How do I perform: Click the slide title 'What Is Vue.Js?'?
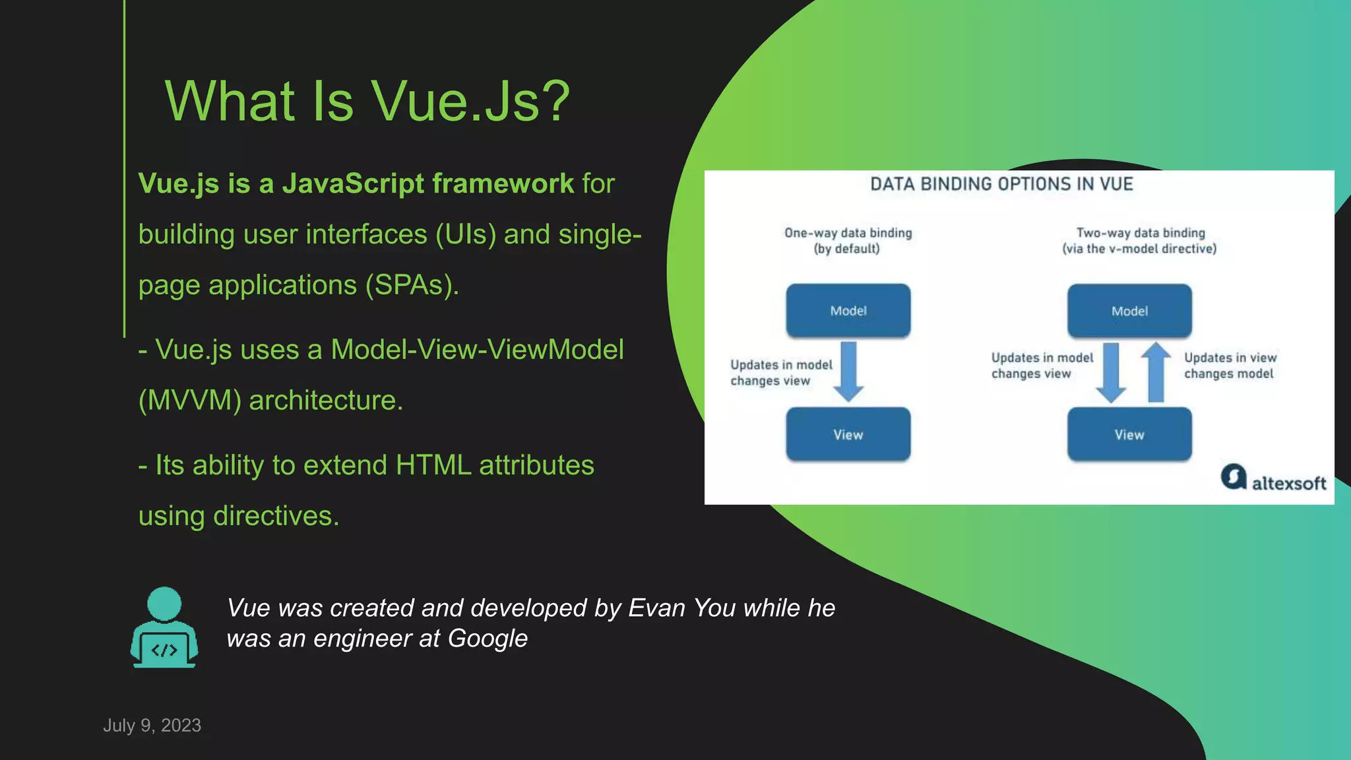pyautogui.click(x=367, y=101)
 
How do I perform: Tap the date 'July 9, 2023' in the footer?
pyautogui.click(x=152, y=725)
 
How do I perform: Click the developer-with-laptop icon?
pyautogui.click(x=164, y=627)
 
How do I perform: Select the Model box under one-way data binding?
pyautogui.click(x=848, y=311)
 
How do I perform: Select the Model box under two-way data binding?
pyautogui.click(x=1129, y=311)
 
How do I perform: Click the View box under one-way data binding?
pyautogui.click(x=848, y=434)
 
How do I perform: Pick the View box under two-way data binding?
pyautogui.click(x=1129, y=434)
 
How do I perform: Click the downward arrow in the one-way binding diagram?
pyautogui.click(x=848, y=371)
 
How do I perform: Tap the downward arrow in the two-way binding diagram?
pyautogui.click(x=1111, y=373)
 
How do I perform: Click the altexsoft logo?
pyautogui.click(x=1272, y=478)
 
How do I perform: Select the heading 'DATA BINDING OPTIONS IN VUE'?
pyautogui.click(x=1001, y=184)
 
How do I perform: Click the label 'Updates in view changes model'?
pyautogui.click(x=1230, y=365)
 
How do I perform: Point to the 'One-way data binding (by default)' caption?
pyautogui.click(x=848, y=240)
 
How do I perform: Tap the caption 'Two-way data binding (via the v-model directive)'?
pyautogui.click(x=1139, y=240)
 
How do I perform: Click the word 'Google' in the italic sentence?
pyautogui.click(x=487, y=639)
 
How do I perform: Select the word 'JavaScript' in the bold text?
pyautogui.click(x=353, y=183)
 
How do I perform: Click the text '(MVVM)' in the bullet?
pyautogui.click(x=190, y=400)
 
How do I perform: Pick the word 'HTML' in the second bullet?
pyautogui.click(x=433, y=465)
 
